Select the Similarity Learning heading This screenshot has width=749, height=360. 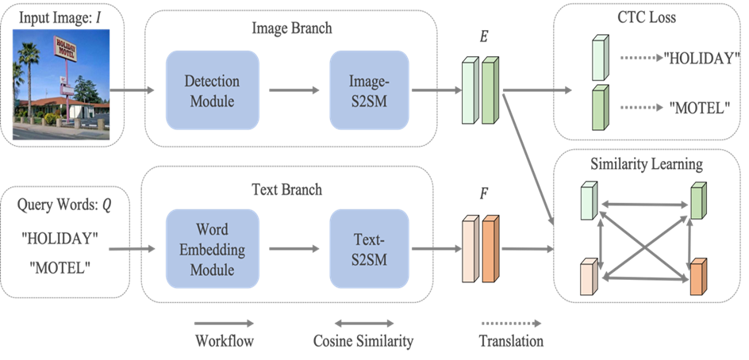(x=647, y=164)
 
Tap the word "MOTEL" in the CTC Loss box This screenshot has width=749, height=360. (x=700, y=106)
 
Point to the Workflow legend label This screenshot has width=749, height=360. (x=224, y=342)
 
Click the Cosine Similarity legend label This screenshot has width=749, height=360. (x=363, y=342)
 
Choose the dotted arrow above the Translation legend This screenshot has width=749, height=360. (x=511, y=324)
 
